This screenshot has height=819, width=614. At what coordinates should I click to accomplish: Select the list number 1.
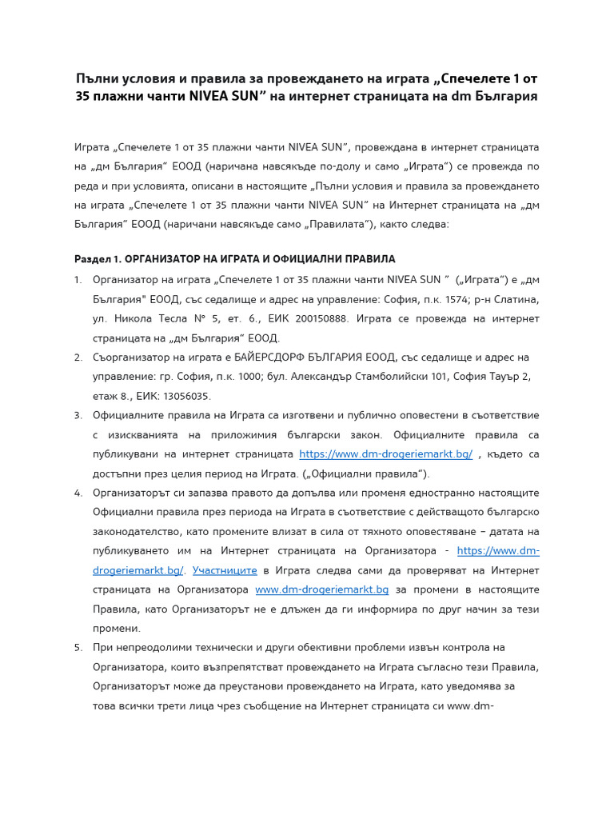(78, 280)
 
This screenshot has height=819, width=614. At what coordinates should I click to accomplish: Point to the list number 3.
(78, 415)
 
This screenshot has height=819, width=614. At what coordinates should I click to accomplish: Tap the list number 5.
(78, 647)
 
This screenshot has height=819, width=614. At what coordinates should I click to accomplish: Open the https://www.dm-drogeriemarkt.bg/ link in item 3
(385, 453)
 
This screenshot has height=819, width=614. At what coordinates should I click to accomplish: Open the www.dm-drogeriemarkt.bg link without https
(321, 589)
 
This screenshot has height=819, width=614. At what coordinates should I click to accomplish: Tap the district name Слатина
(514, 299)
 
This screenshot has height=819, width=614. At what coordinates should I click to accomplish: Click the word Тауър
(498, 376)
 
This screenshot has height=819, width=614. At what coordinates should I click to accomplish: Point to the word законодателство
(138, 531)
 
